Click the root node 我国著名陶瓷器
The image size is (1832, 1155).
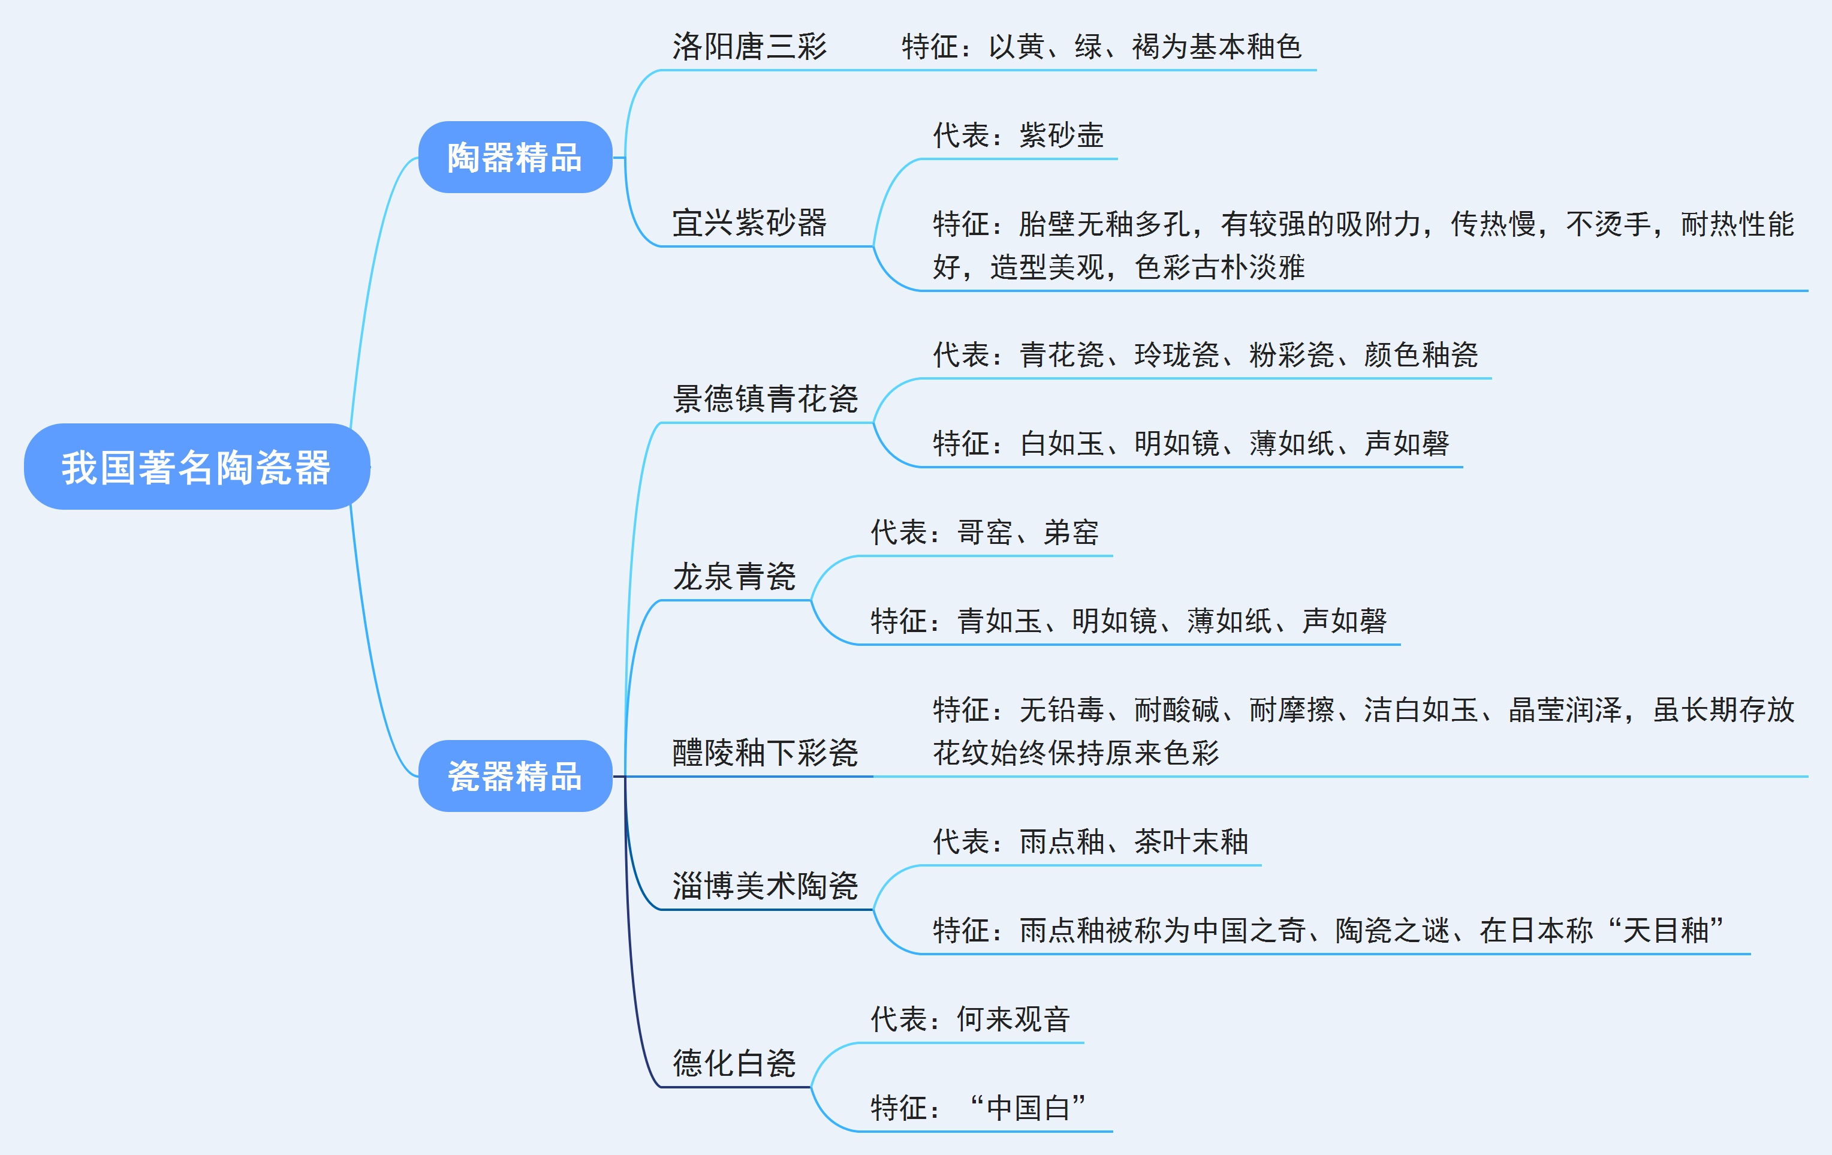tap(196, 467)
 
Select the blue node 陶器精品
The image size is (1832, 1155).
tap(515, 158)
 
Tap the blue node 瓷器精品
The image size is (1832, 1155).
tap(515, 776)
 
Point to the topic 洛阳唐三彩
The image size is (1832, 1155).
tap(749, 47)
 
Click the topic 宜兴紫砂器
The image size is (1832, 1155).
tap(749, 223)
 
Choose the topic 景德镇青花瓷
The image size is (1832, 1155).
tap(766, 399)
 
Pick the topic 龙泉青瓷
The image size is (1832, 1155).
tap(734, 577)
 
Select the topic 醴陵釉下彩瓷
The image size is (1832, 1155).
tap(766, 753)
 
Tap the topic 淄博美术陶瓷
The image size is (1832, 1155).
tap(766, 886)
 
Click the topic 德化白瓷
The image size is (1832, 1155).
tap(734, 1063)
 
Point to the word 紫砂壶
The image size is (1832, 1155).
tap(1062, 136)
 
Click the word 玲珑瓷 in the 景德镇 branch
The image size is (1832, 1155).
tap(1177, 354)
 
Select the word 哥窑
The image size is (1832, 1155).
tap(984, 533)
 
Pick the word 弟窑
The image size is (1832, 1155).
tap(1071, 533)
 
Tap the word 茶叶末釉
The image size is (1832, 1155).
tap(1191, 841)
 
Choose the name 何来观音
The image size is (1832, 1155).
tap(1013, 1019)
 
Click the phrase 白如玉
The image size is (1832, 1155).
tap(1062, 444)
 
